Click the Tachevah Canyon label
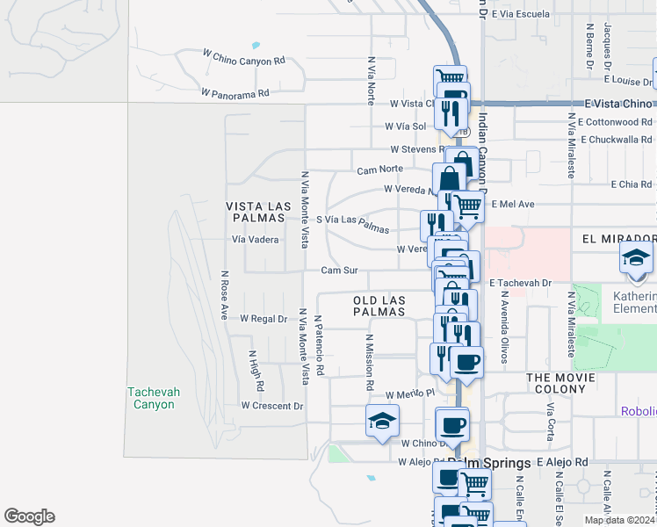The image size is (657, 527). pyautogui.click(x=151, y=398)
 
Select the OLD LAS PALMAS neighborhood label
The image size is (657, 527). pyautogui.click(x=379, y=306)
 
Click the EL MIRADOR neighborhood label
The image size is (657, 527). pyautogui.click(x=618, y=238)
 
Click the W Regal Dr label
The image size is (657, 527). pyautogui.click(x=264, y=319)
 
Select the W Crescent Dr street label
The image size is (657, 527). pyautogui.click(x=272, y=406)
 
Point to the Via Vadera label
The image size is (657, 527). pyautogui.click(x=255, y=239)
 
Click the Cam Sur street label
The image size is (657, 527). pyautogui.click(x=337, y=271)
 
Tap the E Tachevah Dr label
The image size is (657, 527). pyautogui.click(x=520, y=283)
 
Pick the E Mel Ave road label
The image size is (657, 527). pyautogui.click(x=513, y=204)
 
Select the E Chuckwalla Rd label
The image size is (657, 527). pyautogui.click(x=616, y=139)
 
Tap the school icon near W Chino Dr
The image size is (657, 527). pyautogui.click(x=383, y=421)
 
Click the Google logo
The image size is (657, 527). pyautogui.click(x=29, y=516)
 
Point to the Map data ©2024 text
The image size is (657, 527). pyautogui.click(x=619, y=520)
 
